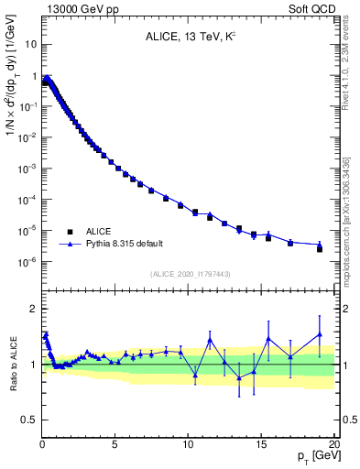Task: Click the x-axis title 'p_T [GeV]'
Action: pyautogui.click(x=314, y=455)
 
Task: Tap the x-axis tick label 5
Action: pyautogui.click(x=115, y=443)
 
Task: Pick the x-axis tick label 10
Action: pyautogui.click(x=188, y=443)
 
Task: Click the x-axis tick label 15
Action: pyautogui.click(x=261, y=443)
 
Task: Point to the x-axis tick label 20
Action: pyautogui.click(x=333, y=443)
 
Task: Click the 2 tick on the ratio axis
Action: pyautogui.click(x=34, y=309)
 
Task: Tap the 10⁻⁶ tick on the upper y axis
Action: pyautogui.click(x=27, y=262)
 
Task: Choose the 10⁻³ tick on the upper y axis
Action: pyautogui.click(x=27, y=169)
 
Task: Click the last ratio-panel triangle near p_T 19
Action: pyautogui.click(x=320, y=334)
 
